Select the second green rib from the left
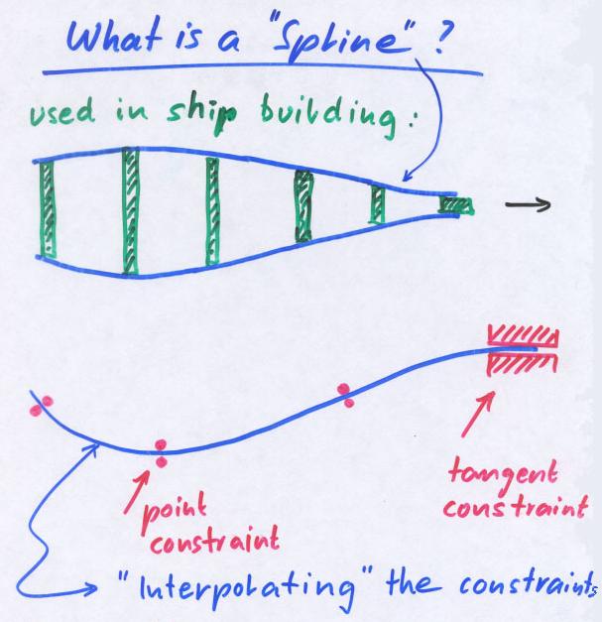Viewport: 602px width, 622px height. coord(130,210)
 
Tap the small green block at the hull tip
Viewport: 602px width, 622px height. coord(457,205)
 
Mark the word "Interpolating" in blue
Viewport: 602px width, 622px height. coord(258,593)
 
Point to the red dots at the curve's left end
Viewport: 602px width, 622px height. coord(43,406)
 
